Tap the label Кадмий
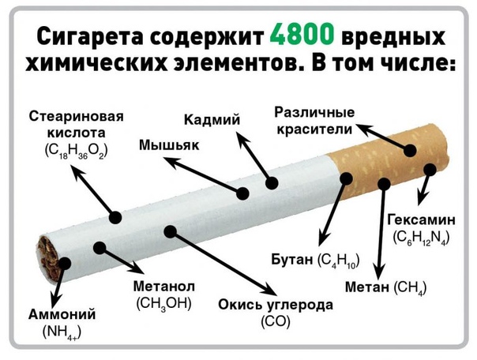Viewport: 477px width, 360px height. (x=211, y=120)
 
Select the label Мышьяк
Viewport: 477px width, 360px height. (x=168, y=145)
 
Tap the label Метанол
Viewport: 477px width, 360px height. (x=165, y=285)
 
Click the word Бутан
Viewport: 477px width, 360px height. (x=291, y=260)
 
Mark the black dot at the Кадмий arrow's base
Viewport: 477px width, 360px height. (x=272, y=183)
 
